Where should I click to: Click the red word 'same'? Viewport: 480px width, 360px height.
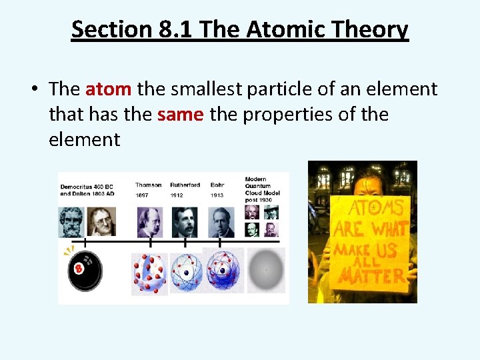click(180, 115)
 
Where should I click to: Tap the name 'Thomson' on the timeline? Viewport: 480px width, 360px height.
click(148, 185)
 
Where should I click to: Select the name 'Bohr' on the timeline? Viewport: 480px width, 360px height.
click(217, 185)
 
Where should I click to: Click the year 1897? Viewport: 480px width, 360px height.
click(143, 195)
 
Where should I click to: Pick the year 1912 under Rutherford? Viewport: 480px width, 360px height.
click(177, 195)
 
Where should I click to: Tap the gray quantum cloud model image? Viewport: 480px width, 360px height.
click(266, 270)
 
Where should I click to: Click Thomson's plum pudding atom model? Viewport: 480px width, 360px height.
click(149, 272)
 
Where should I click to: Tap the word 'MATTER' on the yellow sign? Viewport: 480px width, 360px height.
click(369, 275)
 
